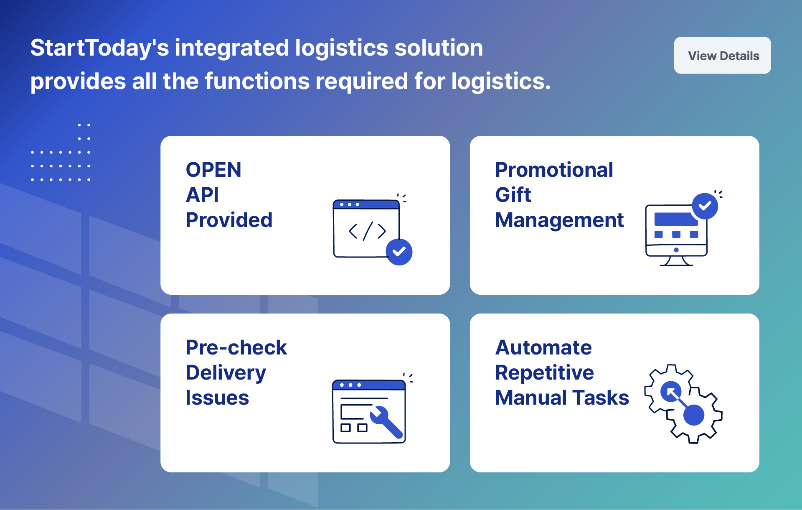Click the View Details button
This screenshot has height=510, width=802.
[722, 56]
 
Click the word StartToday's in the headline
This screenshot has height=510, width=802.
[100, 48]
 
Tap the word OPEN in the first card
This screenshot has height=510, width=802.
[213, 170]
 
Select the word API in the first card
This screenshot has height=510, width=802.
[202, 195]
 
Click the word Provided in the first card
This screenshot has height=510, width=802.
[229, 220]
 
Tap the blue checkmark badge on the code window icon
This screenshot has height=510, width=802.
[399, 252]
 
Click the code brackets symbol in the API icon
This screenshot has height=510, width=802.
[367, 231]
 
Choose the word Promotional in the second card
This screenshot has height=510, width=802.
[554, 170]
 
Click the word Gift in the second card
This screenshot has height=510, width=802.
[513, 195]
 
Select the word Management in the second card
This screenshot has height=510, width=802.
[559, 220]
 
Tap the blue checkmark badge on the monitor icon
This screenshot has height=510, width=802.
[705, 206]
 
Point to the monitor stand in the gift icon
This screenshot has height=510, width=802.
[676, 261]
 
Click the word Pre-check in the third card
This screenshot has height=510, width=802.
[236, 348]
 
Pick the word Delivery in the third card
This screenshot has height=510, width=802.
[226, 373]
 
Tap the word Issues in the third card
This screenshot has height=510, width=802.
[217, 398]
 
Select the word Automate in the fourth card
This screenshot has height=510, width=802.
[543, 348]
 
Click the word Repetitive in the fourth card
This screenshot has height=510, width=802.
[544, 373]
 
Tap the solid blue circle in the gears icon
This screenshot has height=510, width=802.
[694, 415]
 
